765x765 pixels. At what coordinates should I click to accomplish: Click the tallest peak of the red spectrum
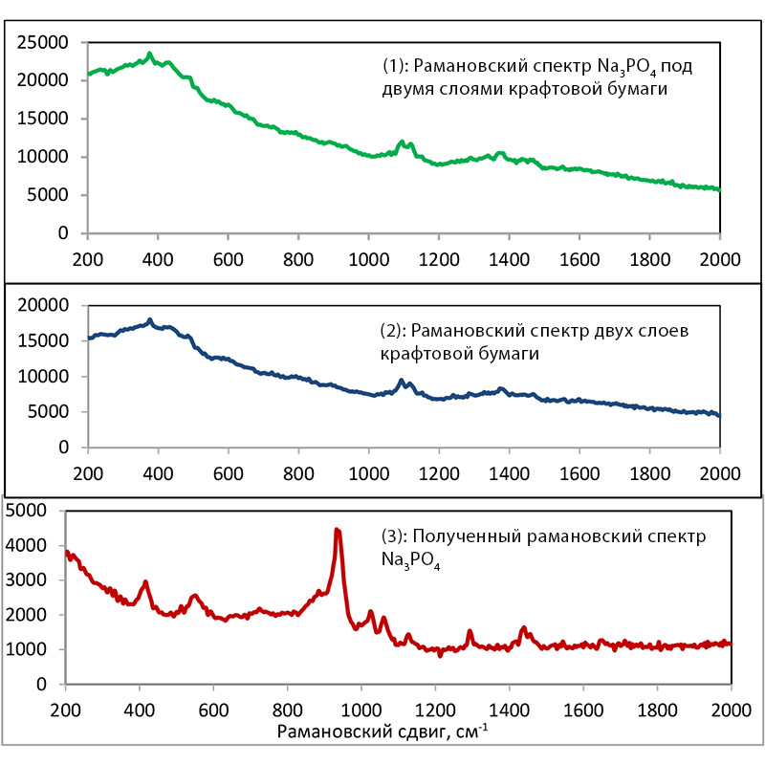(337, 530)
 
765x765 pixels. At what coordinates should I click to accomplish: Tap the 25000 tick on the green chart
(47, 42)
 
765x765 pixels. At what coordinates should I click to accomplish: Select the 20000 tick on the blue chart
(47, 305)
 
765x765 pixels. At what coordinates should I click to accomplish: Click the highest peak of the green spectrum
(150, 54)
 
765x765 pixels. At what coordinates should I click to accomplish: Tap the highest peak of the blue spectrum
(150, 319)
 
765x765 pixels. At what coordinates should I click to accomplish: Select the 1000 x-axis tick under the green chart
(368, 258)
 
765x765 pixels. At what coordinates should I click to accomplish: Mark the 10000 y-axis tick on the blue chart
(47, 376)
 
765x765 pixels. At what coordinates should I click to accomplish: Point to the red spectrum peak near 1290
(470, 631)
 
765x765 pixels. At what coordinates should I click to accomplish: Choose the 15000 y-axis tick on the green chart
(47, 119)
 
